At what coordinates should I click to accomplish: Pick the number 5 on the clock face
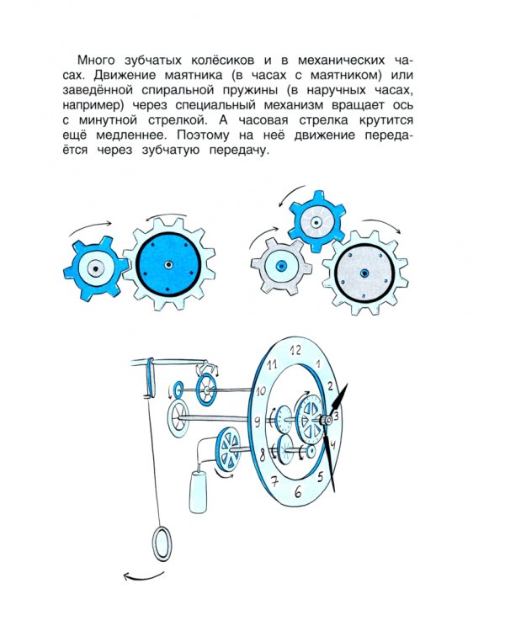320,477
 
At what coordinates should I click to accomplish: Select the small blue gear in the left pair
96,269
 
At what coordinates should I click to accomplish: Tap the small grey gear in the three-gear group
279,262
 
